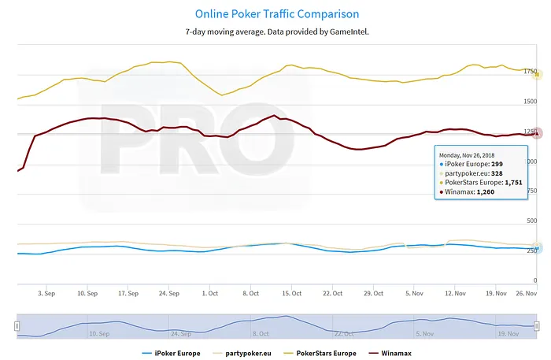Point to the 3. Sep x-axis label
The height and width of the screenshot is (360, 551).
tap(46, 292)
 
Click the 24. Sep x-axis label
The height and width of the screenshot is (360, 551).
tap(168, 292)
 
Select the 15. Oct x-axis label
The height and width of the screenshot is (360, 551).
tap(291, 292)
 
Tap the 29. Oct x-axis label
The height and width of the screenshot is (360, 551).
tap(372, 292)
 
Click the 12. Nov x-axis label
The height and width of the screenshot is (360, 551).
tap(454, 292)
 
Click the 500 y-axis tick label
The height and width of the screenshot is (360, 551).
tap(531, 220)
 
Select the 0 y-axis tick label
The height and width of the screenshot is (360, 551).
tap(535, 279)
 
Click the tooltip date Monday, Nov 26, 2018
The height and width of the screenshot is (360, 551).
tap(472, 155)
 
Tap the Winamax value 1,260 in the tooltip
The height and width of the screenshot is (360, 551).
tap(488, 191)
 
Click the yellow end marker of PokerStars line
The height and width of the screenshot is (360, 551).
tap(537, 74)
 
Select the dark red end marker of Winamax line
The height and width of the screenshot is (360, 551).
tap(537, 134)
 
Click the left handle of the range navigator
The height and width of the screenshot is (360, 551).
tap(17, 325)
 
